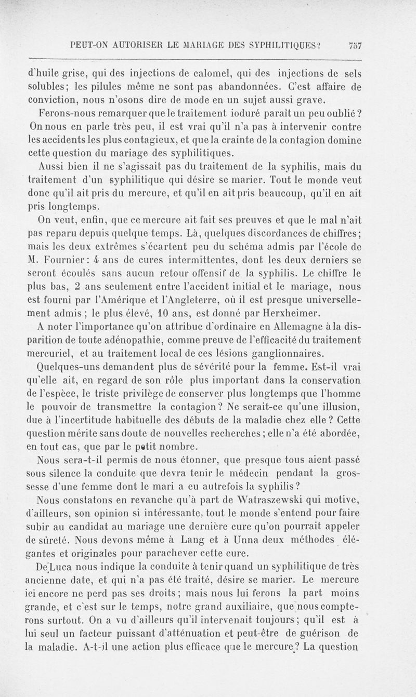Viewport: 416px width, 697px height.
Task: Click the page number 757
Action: click(x=355, y=45)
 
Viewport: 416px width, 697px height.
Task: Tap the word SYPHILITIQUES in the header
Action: click(x=277, y=45)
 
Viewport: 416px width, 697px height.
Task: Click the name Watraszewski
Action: click(x=293, y=500)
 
